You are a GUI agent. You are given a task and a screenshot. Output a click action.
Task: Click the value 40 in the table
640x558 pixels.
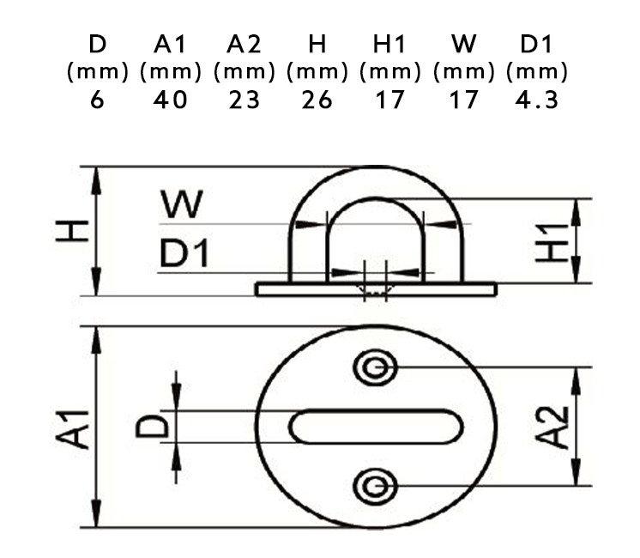click(170, 100)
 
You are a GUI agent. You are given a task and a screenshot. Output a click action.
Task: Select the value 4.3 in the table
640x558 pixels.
click(537, 100)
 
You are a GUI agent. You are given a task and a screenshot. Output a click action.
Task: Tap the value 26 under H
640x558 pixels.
click(317, 100)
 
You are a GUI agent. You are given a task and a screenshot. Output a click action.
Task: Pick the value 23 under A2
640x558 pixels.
click(244, 100)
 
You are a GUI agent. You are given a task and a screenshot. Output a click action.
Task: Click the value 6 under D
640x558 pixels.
click(97, 100)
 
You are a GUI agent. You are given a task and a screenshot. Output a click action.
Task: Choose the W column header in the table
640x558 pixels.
click(463, 44)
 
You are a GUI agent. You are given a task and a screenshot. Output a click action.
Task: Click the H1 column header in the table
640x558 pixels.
click(390, 44)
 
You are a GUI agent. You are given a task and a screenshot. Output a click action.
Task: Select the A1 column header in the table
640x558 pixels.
click(170, 44)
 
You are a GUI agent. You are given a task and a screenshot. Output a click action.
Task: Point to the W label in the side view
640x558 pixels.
click(181, 205)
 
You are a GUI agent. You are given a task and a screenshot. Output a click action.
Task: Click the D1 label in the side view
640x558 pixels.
click(184, 254)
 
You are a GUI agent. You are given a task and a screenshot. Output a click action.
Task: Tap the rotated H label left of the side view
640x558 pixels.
click(73, 230)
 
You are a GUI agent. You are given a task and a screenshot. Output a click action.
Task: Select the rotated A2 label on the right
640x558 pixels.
click(555, 427)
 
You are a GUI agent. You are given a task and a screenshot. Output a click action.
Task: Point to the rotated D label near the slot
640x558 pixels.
click(151, 425)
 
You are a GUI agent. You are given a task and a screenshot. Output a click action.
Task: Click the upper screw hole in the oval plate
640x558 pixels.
click(375, 368)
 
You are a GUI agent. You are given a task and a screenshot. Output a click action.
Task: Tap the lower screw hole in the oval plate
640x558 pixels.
click(375, 487)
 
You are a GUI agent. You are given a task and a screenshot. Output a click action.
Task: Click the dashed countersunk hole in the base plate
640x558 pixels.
click(376, 290)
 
